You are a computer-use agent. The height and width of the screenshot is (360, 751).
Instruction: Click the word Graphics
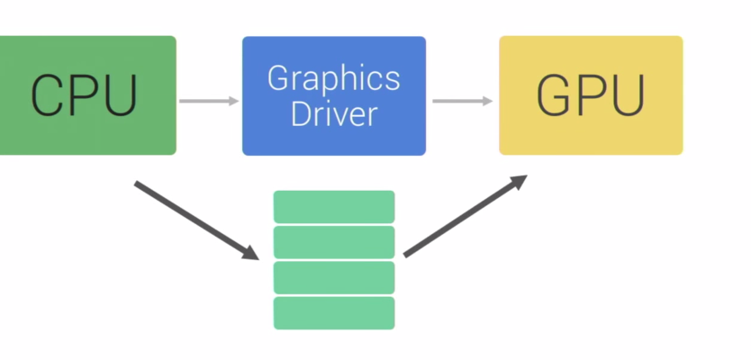click(333, 78)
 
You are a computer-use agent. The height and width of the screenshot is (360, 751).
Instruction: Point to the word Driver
click(333, 115)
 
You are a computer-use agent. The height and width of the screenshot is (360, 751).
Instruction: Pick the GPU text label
click(591, 95)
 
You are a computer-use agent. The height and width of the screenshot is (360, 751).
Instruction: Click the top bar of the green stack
click(334, 206)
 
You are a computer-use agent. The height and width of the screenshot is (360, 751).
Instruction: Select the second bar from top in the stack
click(334, 242)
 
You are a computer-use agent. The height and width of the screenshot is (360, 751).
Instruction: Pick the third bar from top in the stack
click(334, 277)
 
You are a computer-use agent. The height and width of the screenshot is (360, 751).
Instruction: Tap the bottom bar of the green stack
click(334, 312)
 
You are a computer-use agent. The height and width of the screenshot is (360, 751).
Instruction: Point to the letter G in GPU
click(555, 95)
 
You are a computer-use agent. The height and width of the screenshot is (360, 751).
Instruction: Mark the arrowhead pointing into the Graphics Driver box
click(234, 101)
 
